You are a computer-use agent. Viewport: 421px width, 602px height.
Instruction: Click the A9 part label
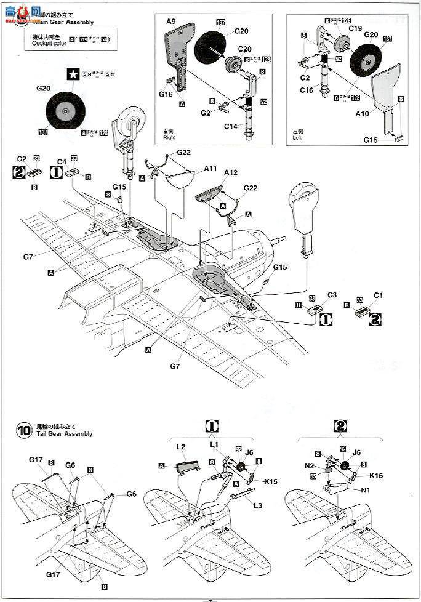pos(170,22)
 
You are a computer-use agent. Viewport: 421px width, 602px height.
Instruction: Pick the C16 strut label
pos(306,89)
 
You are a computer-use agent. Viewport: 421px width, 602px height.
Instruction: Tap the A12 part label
pos(230,173)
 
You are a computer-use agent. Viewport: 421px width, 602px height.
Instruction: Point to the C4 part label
pos(62,158)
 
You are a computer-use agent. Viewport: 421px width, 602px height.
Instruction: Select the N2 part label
pos(310,466)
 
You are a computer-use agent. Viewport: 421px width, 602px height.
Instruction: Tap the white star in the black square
pos(73,74)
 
